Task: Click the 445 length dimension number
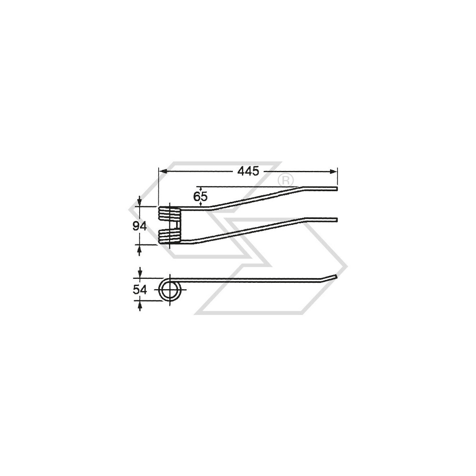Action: [248, 171]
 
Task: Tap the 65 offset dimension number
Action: [200, 197]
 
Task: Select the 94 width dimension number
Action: [140, 226]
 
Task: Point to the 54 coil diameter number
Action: [140, 290]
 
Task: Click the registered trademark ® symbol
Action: [286, 180]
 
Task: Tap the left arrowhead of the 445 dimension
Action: [162, 171]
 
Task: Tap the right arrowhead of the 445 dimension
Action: [333, 171]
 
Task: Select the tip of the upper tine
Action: [336, 189]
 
